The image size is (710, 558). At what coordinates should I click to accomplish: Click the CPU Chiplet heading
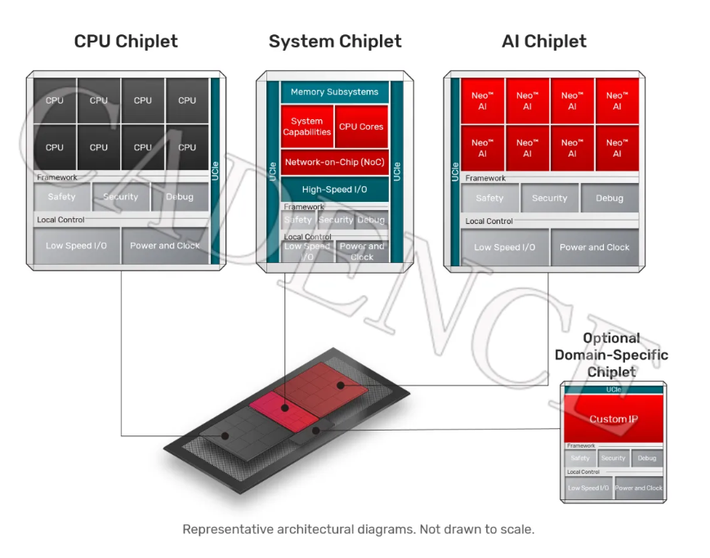pyautogui.click(x=126, y=41)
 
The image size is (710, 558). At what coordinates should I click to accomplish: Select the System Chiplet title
pyautogui.click(x=335, y=41)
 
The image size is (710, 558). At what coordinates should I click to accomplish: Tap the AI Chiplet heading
pyautogui.click(x=543, y=41)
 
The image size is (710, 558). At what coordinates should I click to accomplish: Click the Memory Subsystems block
pyautogui.click(x=334, y=92)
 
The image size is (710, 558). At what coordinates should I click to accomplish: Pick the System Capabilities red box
pyautogui.click(x=307, y=127)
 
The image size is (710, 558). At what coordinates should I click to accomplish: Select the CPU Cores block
pyautogui.click(x=361, y=127)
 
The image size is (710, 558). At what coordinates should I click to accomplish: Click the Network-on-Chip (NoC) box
pyautogui.click(x=334, y=163)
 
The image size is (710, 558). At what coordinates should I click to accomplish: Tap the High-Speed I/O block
pyautogui.click(x=334, y=190)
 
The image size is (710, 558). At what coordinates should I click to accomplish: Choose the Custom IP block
pyautogui.click(x=614, y=419)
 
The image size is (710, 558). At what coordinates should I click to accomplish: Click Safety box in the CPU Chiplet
pyautogui.click(x=62, y=197)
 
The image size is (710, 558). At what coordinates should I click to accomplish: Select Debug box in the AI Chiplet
pyautogui.click(x=610, y=199)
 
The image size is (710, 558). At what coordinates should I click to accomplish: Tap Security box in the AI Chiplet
pyautogui.click(x=549, y=199)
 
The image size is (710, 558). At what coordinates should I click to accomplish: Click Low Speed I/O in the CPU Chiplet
pyautogui.click(x=76, y=246)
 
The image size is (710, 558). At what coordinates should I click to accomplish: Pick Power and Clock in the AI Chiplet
pyautogui.click(x=594, y=248)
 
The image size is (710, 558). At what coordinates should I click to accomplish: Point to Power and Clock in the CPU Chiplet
pyautogui.click(x=165, y=246)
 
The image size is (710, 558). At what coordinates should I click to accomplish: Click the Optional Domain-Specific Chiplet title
pyautogui.click(x=611, y=355)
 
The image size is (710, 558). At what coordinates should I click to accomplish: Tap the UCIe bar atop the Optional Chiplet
pyautogui.click(x=614, y=390)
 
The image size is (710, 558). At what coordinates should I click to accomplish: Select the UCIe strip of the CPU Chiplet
pyautogui.click(x=216, y=171)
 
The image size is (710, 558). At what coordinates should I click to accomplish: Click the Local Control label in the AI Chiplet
pyautogui.click(x=489, y=221)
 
